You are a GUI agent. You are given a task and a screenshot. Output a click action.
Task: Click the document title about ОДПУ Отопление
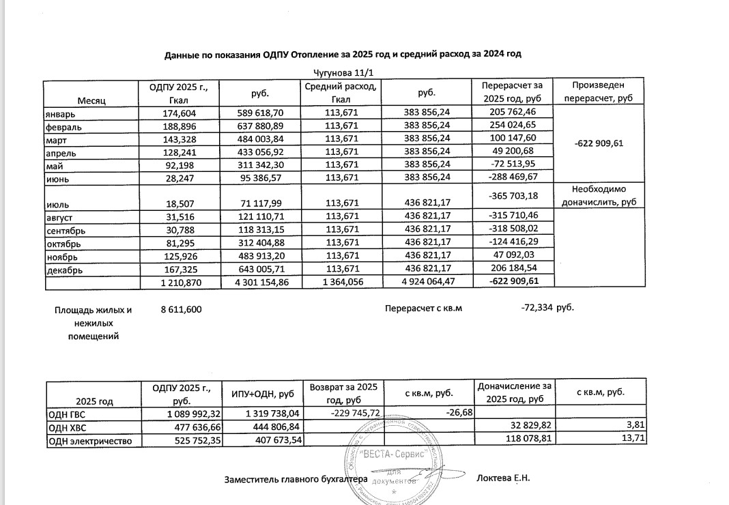point(347,54)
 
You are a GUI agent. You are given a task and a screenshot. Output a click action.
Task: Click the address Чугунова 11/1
point(347,73)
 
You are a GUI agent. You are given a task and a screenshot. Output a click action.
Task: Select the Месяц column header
point(90,100)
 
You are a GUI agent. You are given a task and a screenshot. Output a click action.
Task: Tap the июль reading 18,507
point(181,203)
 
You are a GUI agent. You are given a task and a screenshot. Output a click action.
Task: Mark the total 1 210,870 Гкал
point(177,282)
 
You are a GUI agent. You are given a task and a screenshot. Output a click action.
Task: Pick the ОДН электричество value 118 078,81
point(519,440)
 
